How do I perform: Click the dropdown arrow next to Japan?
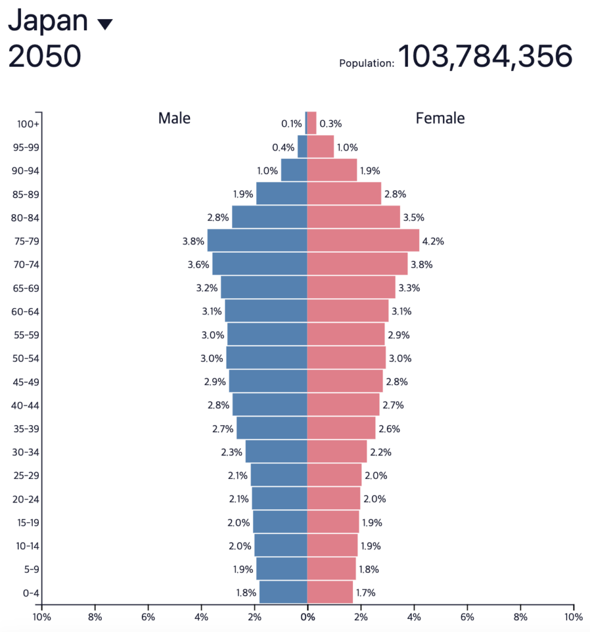tap(105, 24)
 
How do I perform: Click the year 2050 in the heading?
tap(44, 57)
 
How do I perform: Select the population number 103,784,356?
tap(485, 57)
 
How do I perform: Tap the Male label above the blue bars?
tap(174, 118)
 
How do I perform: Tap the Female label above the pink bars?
tap(440, 118)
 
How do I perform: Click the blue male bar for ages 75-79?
tap(257, 241)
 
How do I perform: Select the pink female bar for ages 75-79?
tap(363, 241)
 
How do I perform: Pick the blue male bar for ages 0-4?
tap(283, 592)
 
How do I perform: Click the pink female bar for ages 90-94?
tap(332, 170)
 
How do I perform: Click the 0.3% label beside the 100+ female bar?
tap(331, 124)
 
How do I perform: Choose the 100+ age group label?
tap(28, 124)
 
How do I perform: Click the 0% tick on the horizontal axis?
tap(307, 617)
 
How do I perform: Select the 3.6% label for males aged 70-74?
tap(198, 265)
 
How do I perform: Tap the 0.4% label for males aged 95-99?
tap(283, 148)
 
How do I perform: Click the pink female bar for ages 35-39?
tap(341, 428)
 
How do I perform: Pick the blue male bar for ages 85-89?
tap(281, 194)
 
